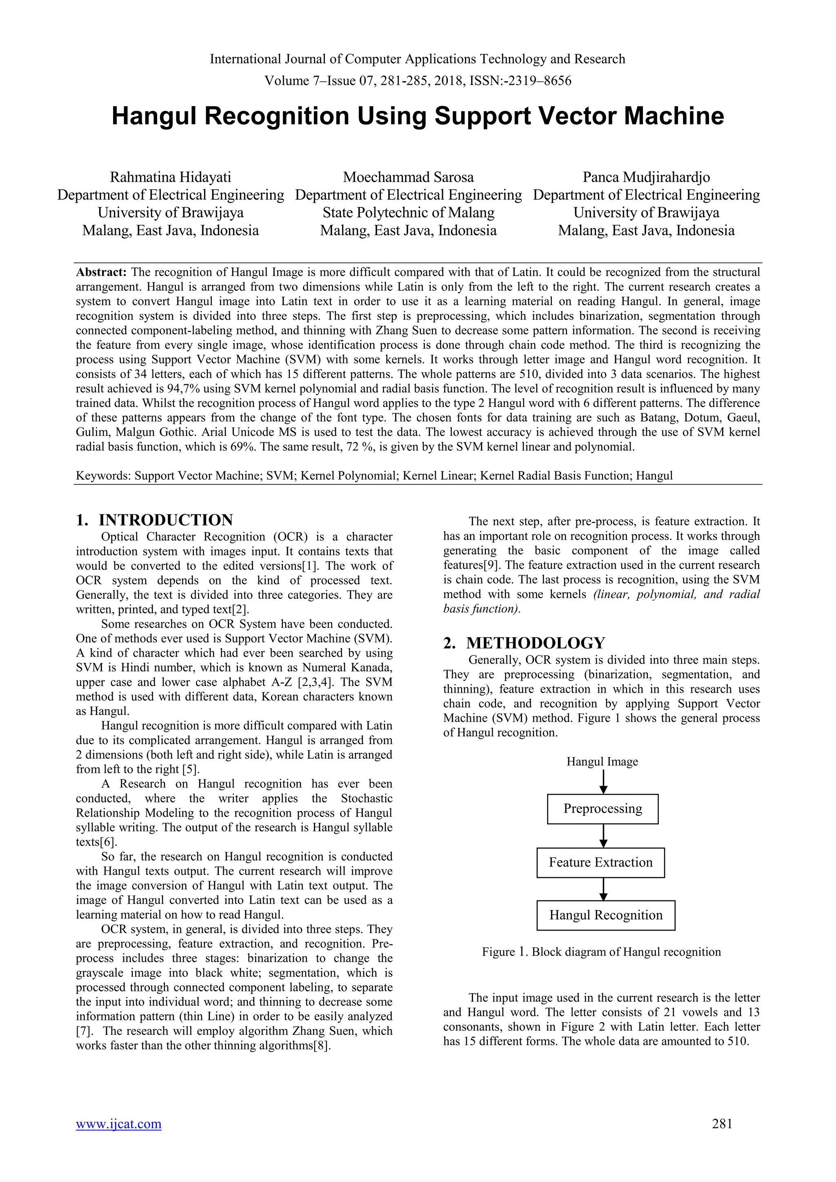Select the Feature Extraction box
[600, 862]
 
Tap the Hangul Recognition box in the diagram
[605, 915]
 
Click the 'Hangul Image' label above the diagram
[602, 761]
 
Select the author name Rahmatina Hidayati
[170, 178]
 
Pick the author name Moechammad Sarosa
[408, 178]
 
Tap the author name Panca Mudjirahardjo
[646, 178]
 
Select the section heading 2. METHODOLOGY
[524, 643]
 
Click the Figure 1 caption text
[601, 952]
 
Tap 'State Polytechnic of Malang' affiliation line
[408, 213]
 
